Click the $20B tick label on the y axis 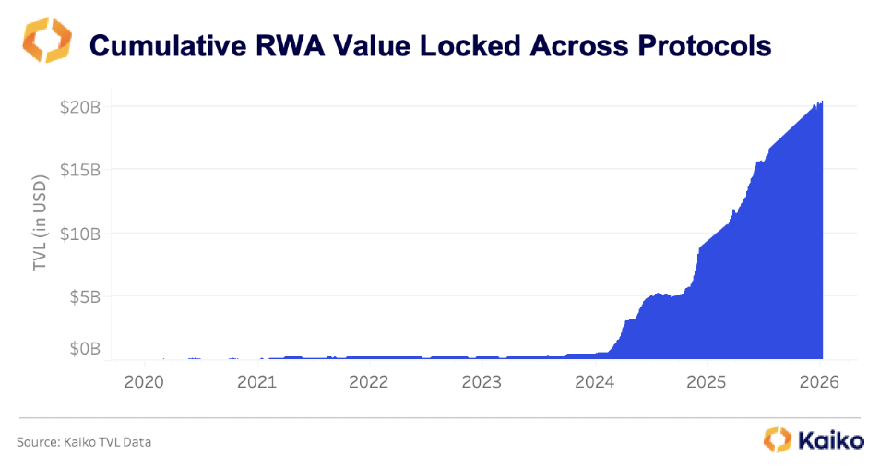pyautogui.click(x=78, y=106)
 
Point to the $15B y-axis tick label pyautogui.click(x=78, y=170)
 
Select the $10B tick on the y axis pyautogui.click(x=78, y=234)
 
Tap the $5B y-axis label pyautogui.click(x=83, y=297)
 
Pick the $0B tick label pyautogui.click(x=83, y=349)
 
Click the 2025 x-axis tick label pyautogui.click(x=709, y=382)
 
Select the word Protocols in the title pyautogui.click(x=701, y=46)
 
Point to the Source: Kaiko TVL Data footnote pyautogui.click(x=84, y=442)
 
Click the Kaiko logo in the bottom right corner pyautogui.click(x=815, y=439)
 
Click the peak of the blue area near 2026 pyautogui.click(x=820, y=102)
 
